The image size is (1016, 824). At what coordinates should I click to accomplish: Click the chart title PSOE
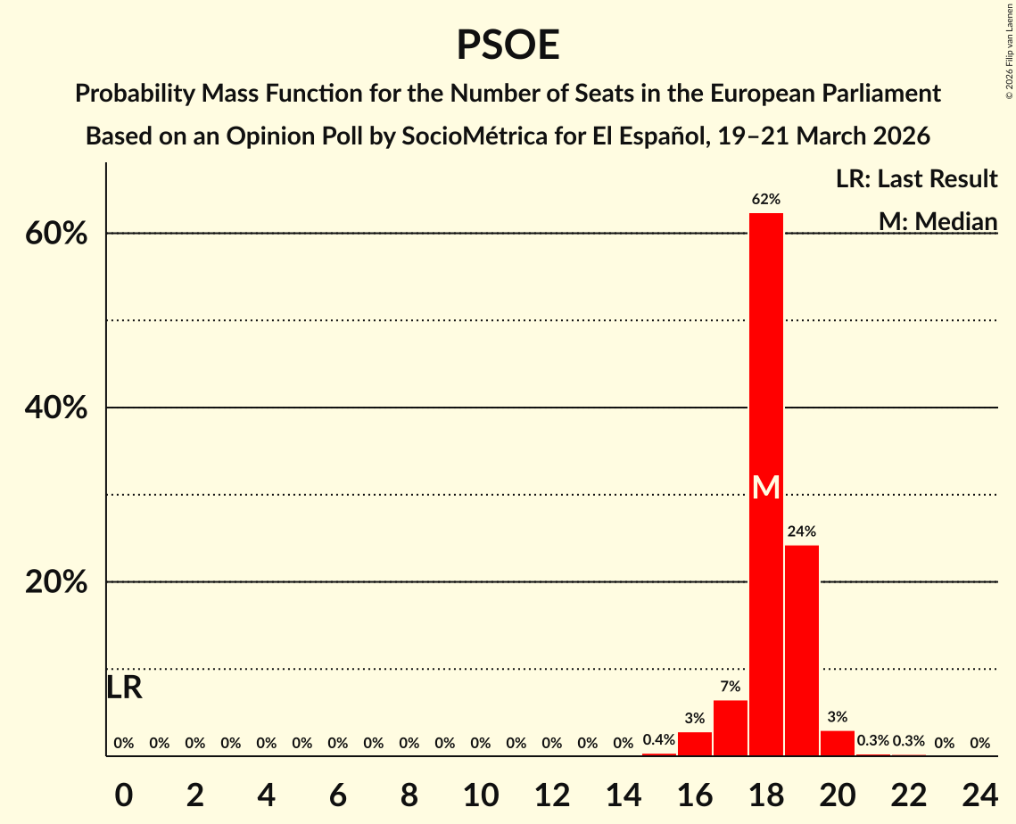click(508, 45)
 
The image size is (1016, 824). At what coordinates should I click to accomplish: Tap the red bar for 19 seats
click(802, 650)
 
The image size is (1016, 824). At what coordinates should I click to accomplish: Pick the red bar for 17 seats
click(731, 728)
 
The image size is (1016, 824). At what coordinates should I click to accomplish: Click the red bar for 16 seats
click(695, 744)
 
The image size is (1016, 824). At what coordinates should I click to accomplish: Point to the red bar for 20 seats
click(838, 743)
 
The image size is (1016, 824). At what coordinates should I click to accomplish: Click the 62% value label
click(766, 199)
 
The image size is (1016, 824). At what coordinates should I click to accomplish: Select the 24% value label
click(802, 531)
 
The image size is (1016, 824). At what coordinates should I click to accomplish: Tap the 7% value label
click(731, 687)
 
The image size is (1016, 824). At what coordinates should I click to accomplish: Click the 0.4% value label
click(659, 740)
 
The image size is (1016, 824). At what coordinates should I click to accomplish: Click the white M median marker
click(766, 487)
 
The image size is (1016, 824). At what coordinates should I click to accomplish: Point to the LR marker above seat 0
click(124, 688)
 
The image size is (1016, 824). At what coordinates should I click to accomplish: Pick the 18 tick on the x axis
click(766, 792)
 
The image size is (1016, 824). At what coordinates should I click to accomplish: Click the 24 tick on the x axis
click(979, 792)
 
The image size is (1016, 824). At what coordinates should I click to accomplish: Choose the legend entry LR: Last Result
click(916, 179)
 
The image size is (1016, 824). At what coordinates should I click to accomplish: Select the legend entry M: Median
click(938, 221)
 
